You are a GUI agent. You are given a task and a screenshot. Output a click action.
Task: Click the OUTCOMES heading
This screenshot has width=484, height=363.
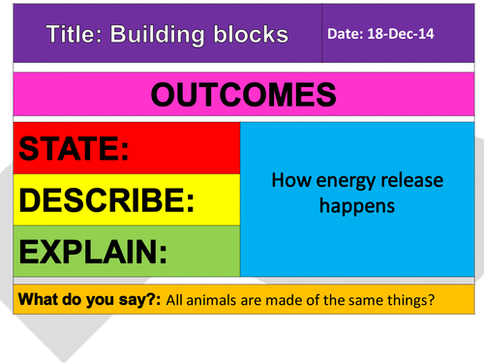coord(242,95)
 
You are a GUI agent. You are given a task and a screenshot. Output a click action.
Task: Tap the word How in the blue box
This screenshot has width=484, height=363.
coord(288,180)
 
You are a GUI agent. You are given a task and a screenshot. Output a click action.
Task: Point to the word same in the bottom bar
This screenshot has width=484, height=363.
coord(364,301)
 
